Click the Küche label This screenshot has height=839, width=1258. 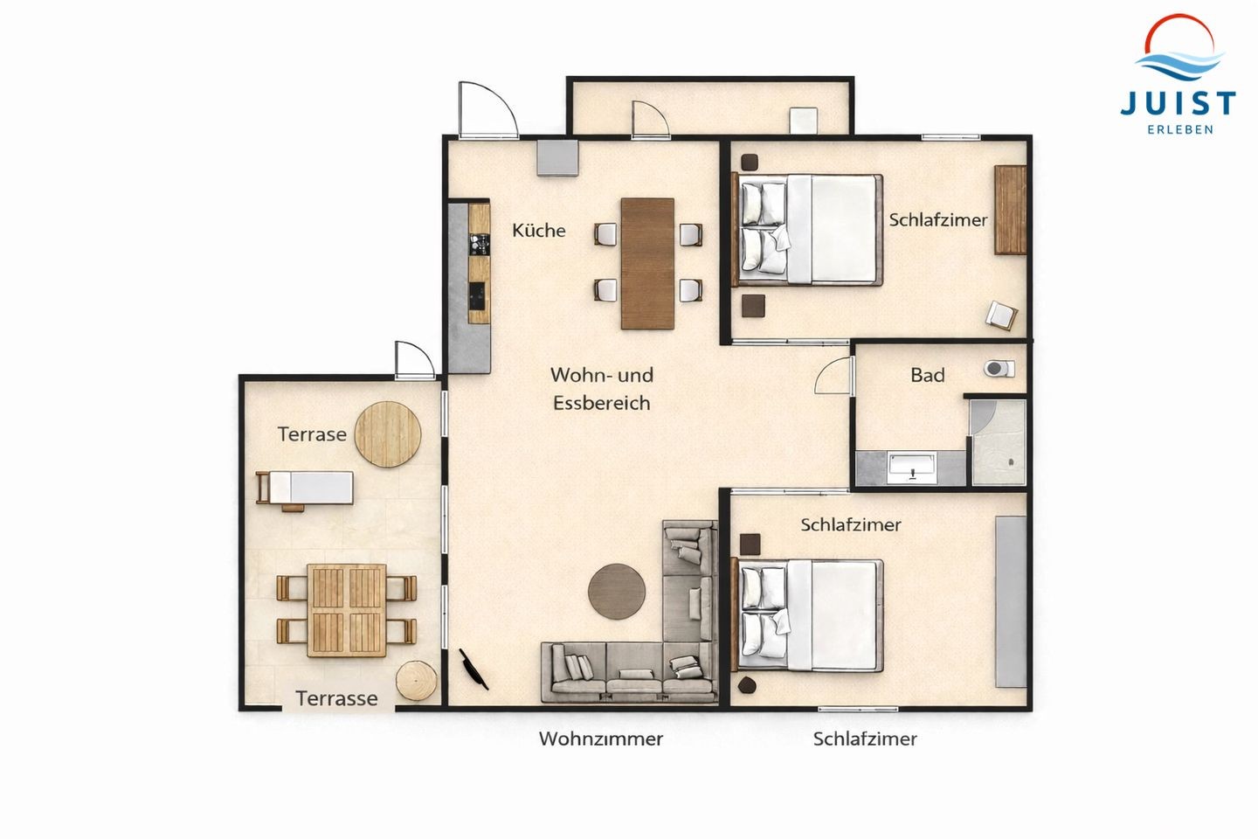pos(538,231)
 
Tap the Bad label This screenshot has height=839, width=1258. pos(927,375)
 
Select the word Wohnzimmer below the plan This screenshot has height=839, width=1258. pos(601,738)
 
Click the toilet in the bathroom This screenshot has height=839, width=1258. pos(999,369)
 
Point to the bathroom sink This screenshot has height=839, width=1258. pos(911,468)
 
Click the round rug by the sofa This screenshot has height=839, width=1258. pos(617,592)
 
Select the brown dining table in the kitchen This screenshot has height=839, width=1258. pos(647,263)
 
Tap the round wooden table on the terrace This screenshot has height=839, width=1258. pos(388,433)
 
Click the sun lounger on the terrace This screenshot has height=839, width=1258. pos(304,489)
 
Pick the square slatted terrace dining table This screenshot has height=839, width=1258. pos(347,610)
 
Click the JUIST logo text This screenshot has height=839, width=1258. pos(1179,104)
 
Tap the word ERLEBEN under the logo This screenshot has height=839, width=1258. pos(1179,130)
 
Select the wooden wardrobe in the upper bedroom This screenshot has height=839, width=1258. pos(1010,210)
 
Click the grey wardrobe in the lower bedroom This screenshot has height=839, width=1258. pos(1011,601)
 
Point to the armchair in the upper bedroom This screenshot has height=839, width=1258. pos(1001,315)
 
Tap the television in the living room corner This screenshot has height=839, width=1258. pos(474,669)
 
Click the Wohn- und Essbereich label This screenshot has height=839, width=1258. pos(601,388)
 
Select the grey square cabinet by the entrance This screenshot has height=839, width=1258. pos(557,157)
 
